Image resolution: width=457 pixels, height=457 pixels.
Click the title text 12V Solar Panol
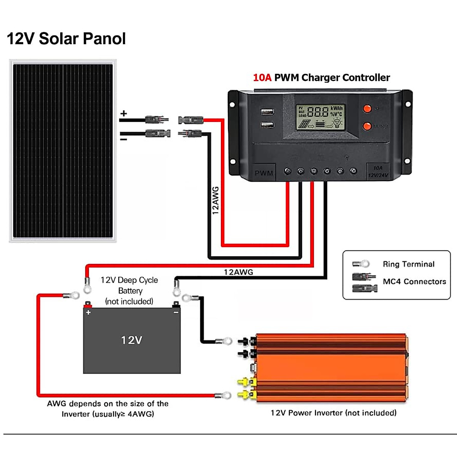[66, 39]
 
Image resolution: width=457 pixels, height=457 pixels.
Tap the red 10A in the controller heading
[262, 78]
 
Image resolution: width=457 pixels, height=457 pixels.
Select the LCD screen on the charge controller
[321, 117]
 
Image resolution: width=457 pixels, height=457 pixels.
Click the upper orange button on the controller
[367, 109]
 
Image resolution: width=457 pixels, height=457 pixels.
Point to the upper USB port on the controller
[267, 112]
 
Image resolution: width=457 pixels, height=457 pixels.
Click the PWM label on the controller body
[264, 173]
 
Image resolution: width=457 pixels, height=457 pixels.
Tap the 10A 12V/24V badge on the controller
[378, 172]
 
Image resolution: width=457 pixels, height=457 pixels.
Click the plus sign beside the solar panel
[123, 113]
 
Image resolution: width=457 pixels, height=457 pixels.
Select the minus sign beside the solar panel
[123, 139]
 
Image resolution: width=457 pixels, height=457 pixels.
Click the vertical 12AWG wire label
[216, 200]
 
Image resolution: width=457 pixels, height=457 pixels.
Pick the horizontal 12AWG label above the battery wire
[238, 272]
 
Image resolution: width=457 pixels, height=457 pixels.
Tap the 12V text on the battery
[131, 340]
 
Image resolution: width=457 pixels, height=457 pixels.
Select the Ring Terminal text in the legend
[408, 264]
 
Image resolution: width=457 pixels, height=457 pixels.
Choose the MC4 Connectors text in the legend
[414, 282]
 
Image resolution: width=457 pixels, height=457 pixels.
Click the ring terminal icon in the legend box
[361, 264]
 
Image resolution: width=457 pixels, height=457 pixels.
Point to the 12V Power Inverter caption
[333, 413]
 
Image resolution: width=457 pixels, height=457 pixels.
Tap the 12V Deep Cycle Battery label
[129, 291]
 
